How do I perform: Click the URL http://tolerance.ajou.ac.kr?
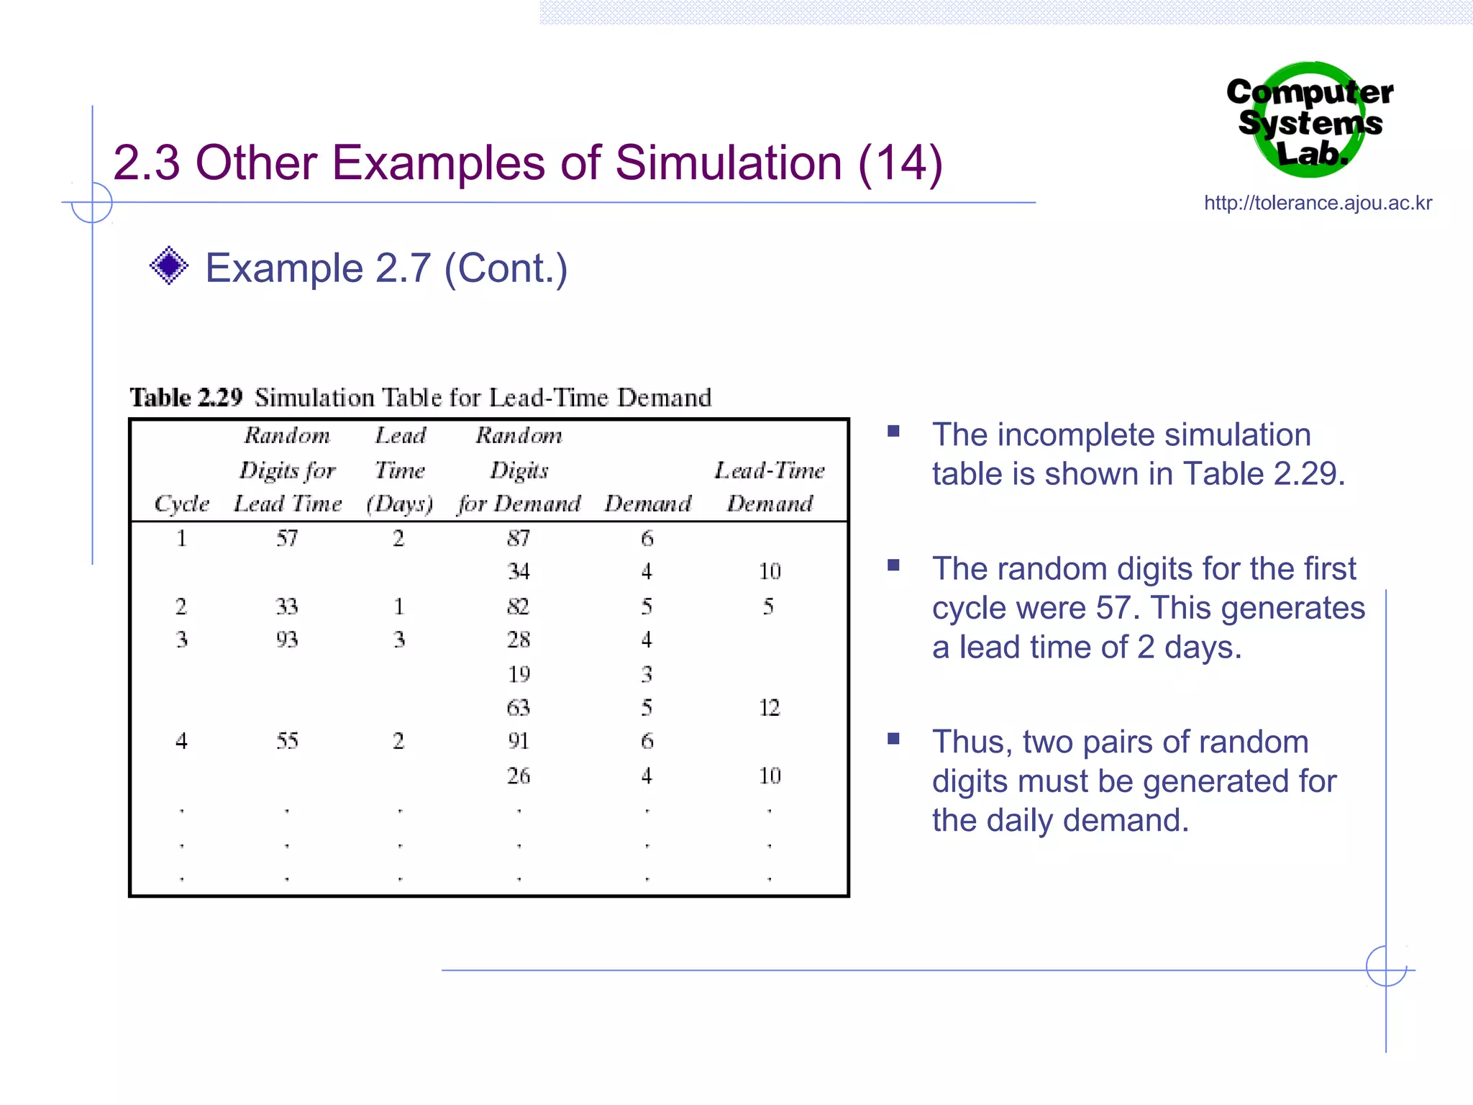coord(1318,203)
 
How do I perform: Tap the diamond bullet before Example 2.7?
coord(169,265)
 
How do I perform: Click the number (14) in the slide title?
coord(900,163)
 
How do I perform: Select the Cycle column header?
coord(181,504)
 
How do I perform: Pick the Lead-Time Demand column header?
coord(769,487)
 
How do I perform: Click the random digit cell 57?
coord(287,538)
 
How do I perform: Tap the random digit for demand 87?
coord(519,538)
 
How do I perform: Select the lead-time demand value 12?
coord(769,708)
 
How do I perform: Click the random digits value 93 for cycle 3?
coord(287,640)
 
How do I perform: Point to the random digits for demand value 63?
coord(519,708)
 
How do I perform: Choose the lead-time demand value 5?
coord(768,606)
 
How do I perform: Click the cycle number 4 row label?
coord(181,741)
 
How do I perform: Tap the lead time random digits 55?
coord(287,741)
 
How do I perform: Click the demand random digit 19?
coord(519,674)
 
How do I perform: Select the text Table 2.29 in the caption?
coord(186,398)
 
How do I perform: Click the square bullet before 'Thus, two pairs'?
coord(893,739)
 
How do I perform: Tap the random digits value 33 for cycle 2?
coord(287,606)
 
